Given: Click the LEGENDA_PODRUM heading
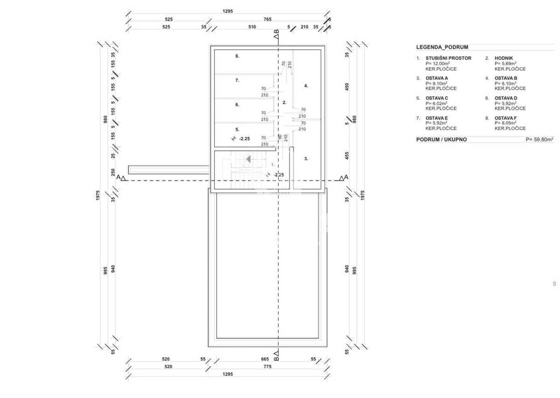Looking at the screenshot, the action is [442, 47].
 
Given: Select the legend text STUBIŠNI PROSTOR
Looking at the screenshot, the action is [448, 58].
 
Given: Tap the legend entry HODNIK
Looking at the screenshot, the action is [504, 58].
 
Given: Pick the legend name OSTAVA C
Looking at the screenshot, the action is [436, 98].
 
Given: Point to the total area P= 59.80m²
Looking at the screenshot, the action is [539, 139].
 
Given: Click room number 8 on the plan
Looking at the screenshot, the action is [237, 56].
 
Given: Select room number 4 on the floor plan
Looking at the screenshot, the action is [306, 86].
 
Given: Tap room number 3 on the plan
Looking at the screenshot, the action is [306, 158].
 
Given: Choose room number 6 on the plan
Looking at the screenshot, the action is [237, 104].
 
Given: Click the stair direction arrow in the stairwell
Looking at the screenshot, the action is [248, 159].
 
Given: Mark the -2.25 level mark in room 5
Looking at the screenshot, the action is [244, 138].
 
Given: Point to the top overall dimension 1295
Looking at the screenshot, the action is [228, 11].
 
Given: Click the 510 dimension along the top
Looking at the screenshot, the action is [252, 27].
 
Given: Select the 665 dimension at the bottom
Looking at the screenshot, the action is [265, 359].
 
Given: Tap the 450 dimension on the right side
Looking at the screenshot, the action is [347, 87].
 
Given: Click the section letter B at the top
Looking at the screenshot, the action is [276, 32].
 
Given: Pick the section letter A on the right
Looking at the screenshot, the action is [346, 177].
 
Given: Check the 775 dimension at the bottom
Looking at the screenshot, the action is [267, 366].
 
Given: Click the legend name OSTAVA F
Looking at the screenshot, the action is [505, 118].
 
